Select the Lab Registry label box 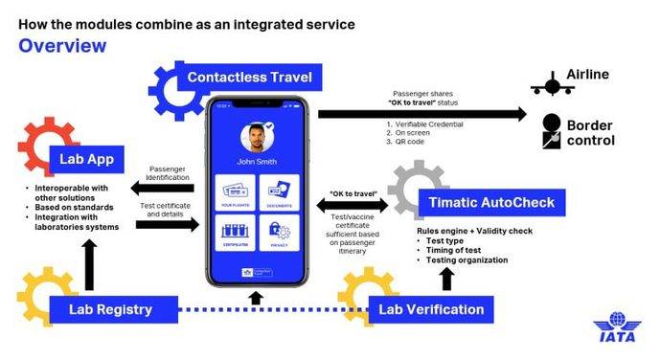(109, 309)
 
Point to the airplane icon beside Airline (552, 84)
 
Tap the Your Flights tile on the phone (235, 191)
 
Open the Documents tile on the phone (278, 191)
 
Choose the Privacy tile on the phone (278, 234)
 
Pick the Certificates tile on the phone (235, 234)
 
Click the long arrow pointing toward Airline (421, 114)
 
